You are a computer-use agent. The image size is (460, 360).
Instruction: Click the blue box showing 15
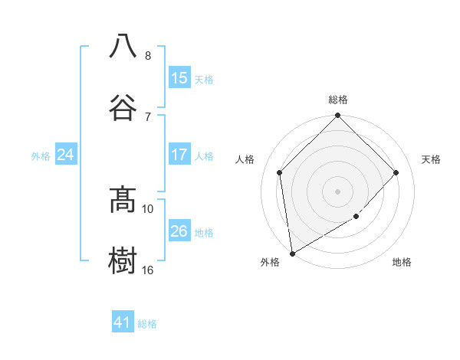click(x=179, y=78)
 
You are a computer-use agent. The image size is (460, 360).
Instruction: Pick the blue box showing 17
click(x=179, y=155)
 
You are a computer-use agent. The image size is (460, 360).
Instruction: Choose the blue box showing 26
click(x=179, y=231)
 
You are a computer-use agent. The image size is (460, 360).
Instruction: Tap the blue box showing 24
click(x=66, y=155)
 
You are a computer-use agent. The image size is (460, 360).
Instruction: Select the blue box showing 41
click(x=123, y=322)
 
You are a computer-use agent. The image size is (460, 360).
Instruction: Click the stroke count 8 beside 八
click(x=148, y=56)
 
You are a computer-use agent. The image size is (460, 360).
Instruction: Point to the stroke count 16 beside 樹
click(x=148, y=270)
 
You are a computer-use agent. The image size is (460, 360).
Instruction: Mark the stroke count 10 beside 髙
click(x=148, y=208)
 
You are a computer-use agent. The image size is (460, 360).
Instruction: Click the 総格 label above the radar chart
click(x=338, y=100)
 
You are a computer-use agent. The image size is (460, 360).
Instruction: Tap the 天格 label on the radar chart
click(x=432, y=159)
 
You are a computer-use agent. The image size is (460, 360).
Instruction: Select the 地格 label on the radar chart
click(x=402, y=262)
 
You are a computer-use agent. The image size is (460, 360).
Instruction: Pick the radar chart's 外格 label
click(x=270, y=262)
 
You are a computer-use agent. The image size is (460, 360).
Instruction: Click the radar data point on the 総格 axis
click(x=338, y=116)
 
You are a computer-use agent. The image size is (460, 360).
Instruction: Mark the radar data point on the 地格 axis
click(x=356, y=217)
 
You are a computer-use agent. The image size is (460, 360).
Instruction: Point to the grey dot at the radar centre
click(x=338, y=191)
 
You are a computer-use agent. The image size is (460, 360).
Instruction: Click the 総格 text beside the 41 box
click(x=147, y=324)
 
